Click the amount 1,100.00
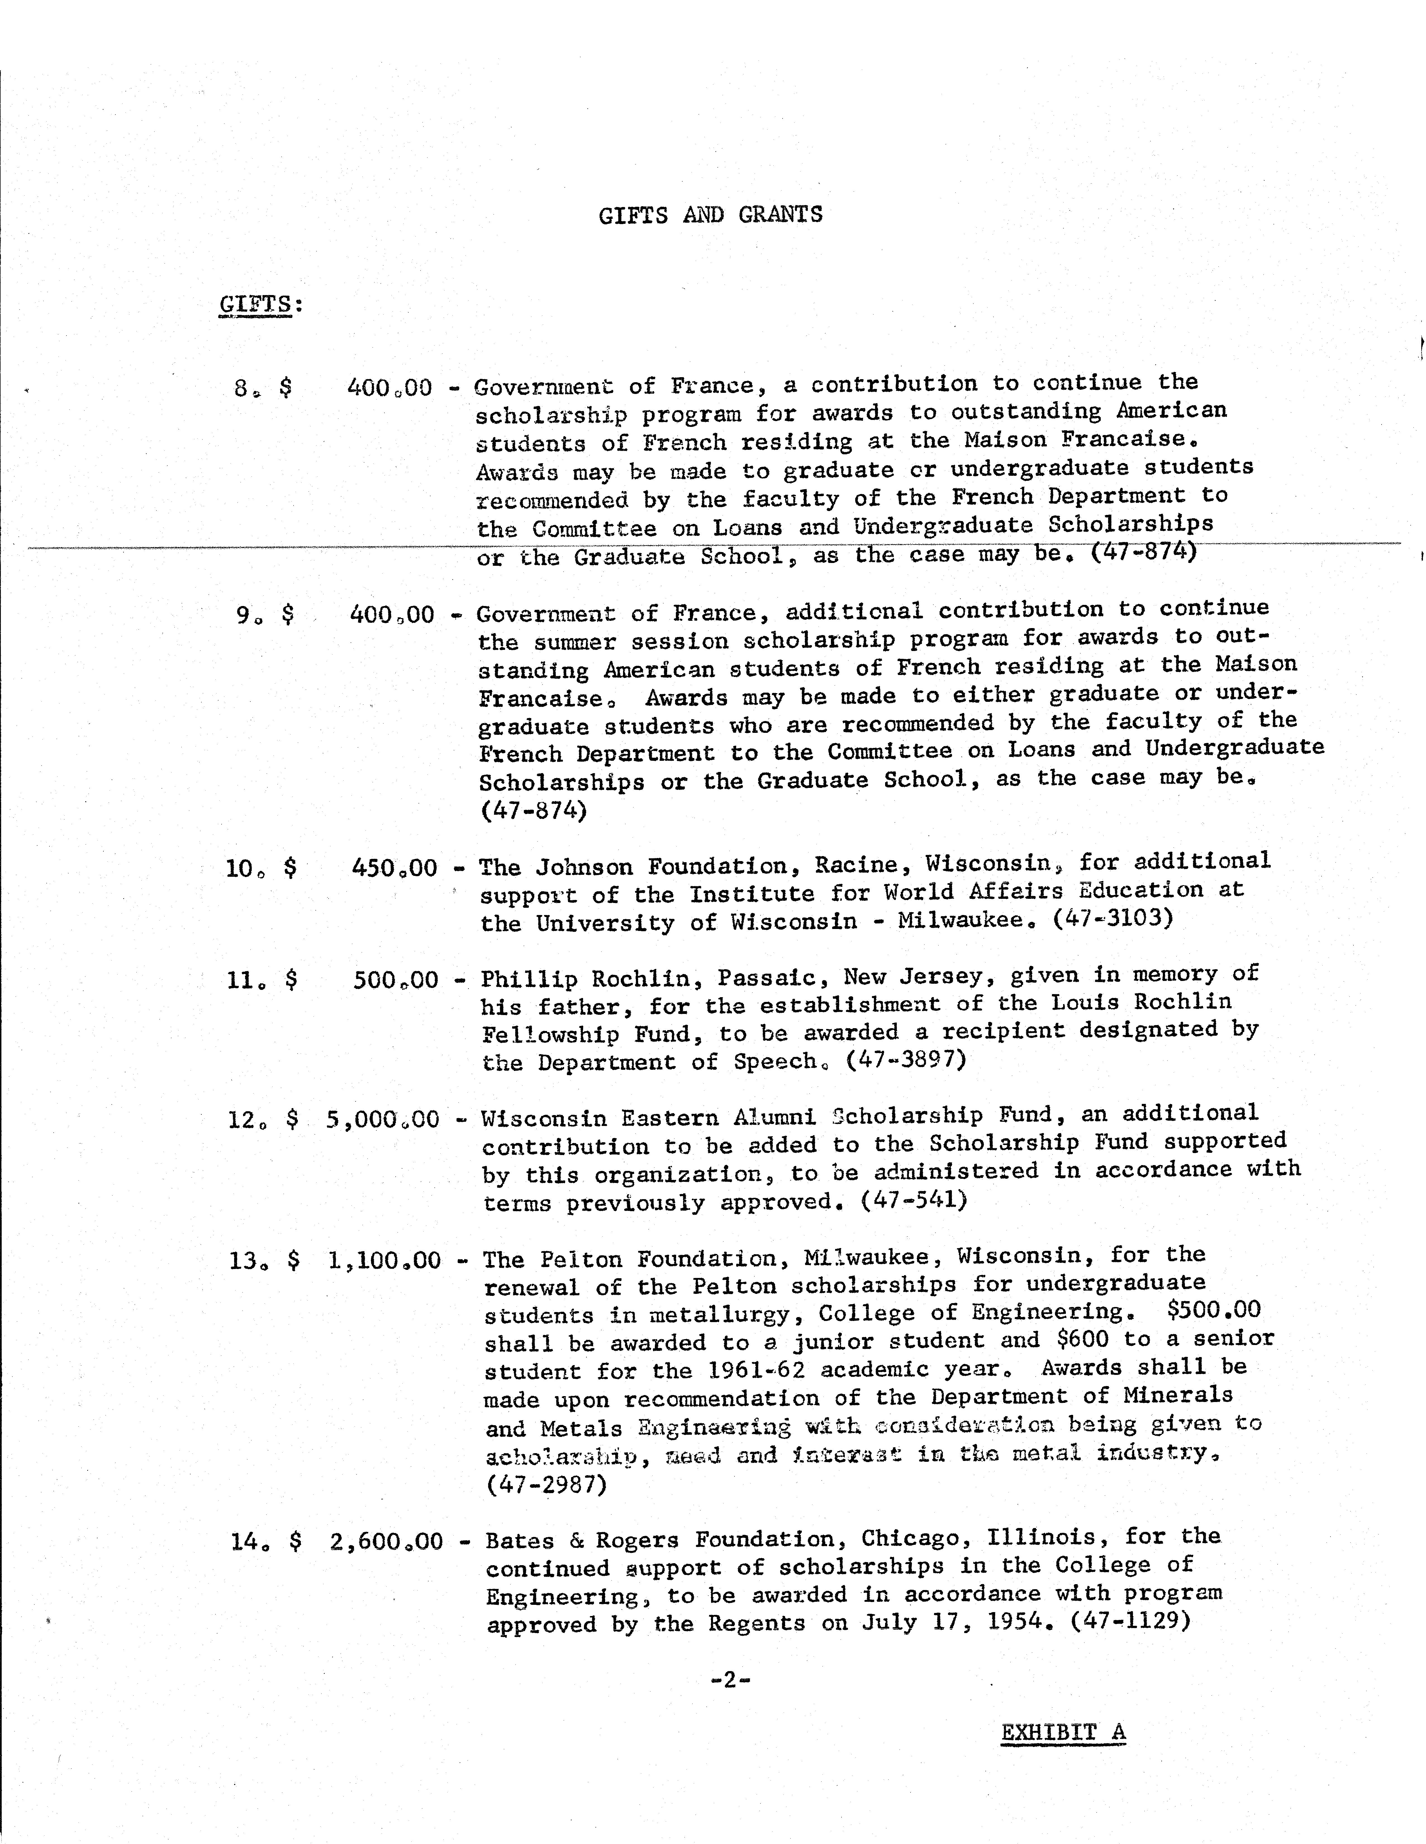pyautogui.click(x=384, y=1261)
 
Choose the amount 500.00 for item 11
pyautogui.click(x=396, y=979)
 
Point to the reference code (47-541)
pyautogui.click(x=914, y=1200)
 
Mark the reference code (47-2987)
pyautogui.click(x=546, y=1484)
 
